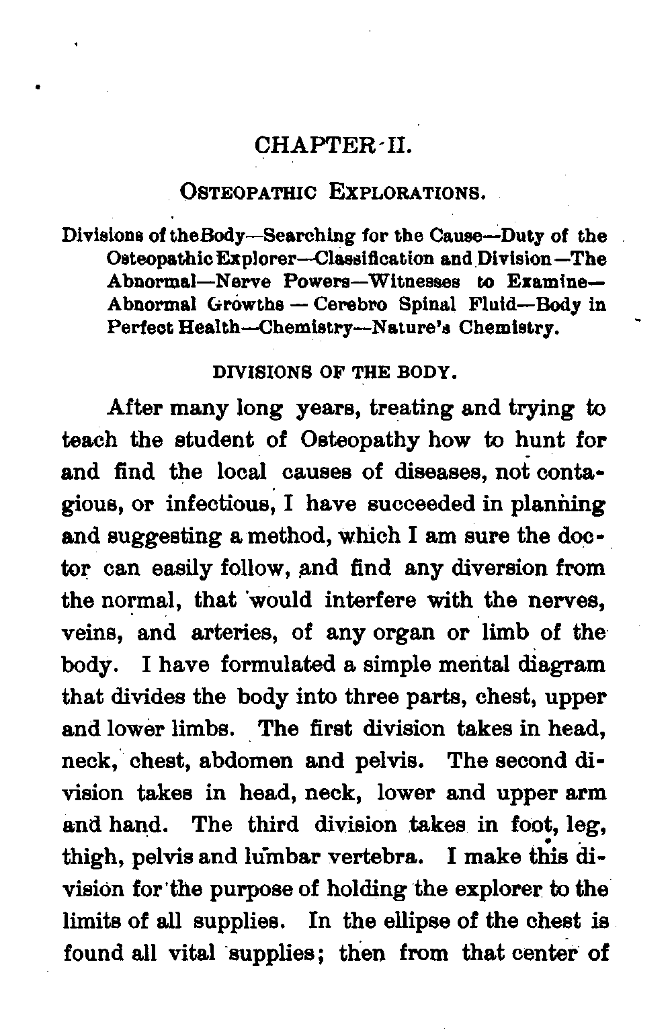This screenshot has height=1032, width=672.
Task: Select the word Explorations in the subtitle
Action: pos(405,193)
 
